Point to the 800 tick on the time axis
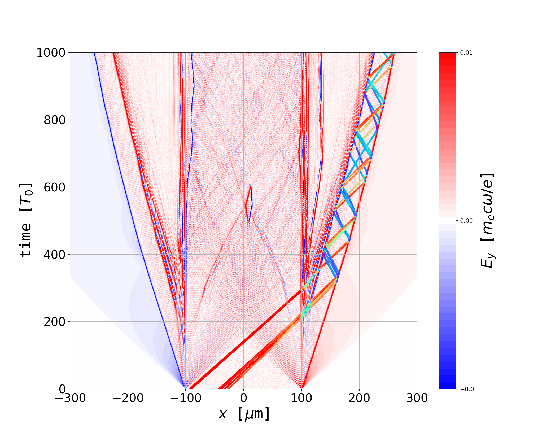[55, 120]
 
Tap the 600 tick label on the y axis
[55, 187]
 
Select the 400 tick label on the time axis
[55, 255]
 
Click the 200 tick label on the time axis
[55, 322]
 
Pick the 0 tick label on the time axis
[62, 389]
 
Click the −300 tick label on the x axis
[70, 398]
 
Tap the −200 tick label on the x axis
[128, 398]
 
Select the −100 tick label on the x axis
[186, 398]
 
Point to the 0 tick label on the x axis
[244, 398]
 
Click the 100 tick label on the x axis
[301, 398]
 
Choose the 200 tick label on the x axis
[359, 398]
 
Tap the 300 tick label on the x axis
[417, 398]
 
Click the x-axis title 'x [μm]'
[244, 414]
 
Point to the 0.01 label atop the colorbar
[466, 53]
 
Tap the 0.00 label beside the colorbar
[466, 221]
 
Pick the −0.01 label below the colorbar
[469, 389]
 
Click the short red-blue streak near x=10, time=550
[249, 204]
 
